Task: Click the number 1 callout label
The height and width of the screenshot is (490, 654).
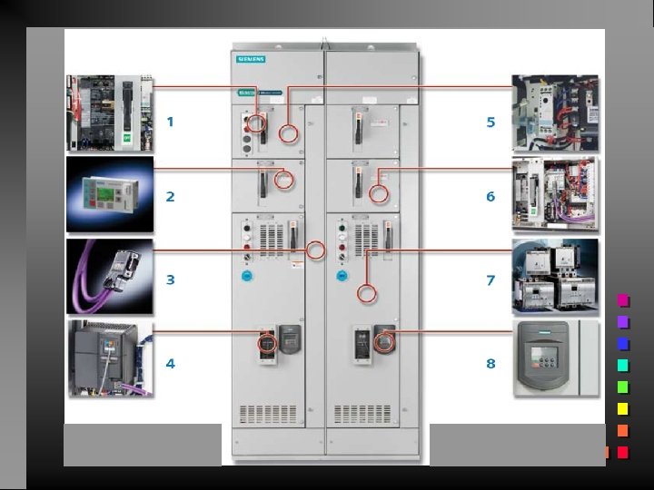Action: click(x=170, y=121)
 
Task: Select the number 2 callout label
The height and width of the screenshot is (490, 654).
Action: click(x=170, y=196)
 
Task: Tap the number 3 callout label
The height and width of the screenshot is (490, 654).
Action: click(x=170, y=279)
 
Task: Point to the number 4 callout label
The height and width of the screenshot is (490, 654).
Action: click(x=170, y=363)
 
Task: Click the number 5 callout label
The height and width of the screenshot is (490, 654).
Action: click(x=490, y=121)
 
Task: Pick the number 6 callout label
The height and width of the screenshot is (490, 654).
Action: click(x=490, y=196)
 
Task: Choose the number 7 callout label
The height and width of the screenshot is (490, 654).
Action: click(x=490, y=279)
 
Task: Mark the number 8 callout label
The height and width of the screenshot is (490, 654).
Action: click(x=490, y=363)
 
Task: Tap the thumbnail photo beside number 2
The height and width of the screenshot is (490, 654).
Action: click(x=110, y=194)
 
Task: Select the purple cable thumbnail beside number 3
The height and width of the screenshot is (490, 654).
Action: click(x=110, y=276)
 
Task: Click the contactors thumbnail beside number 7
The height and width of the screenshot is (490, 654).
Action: click(x=555, y=276)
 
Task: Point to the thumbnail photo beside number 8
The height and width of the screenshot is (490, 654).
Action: click(x=555, y=358)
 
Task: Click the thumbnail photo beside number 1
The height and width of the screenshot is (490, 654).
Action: click(x=110, y=113)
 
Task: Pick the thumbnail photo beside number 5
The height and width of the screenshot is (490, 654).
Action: click(x=555, y=113)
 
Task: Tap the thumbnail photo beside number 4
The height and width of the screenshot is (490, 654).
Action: click(x=110, y=358)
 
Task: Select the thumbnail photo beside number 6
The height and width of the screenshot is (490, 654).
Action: click(x=555, y=194)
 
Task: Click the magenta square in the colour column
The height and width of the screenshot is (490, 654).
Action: click(x=623, y=300)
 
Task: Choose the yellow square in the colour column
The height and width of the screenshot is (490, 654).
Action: click(x=623, y=409)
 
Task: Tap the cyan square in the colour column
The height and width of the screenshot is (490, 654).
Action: click(x=623, y=366)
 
